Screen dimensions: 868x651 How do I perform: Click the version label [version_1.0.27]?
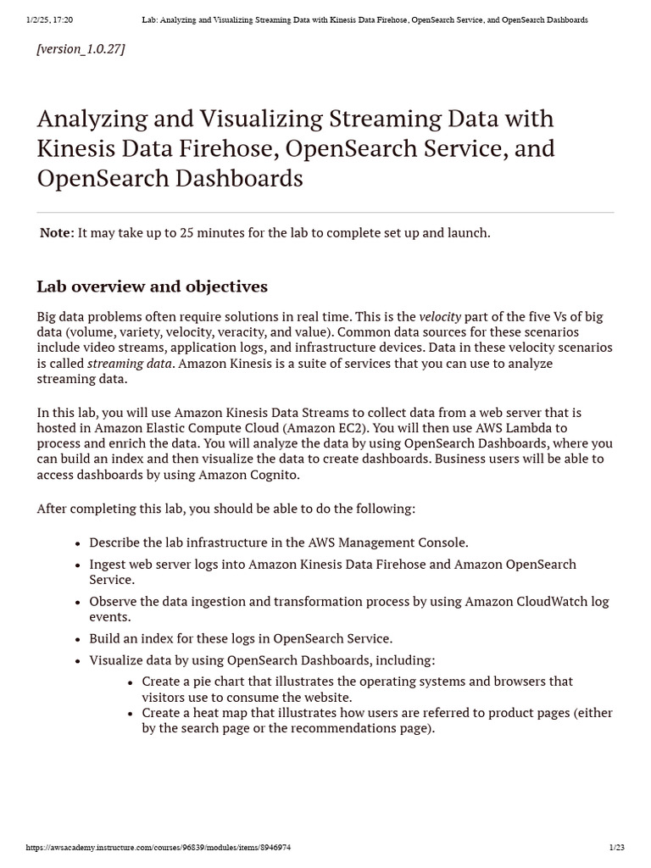81,49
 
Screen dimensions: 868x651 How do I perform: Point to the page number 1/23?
616,847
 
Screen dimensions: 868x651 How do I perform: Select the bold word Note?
57,232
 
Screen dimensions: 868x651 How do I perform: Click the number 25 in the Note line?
187,232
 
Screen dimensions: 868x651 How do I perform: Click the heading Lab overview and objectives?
152,287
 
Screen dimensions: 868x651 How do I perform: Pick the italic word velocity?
440,317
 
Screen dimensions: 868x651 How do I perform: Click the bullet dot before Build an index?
78,639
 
